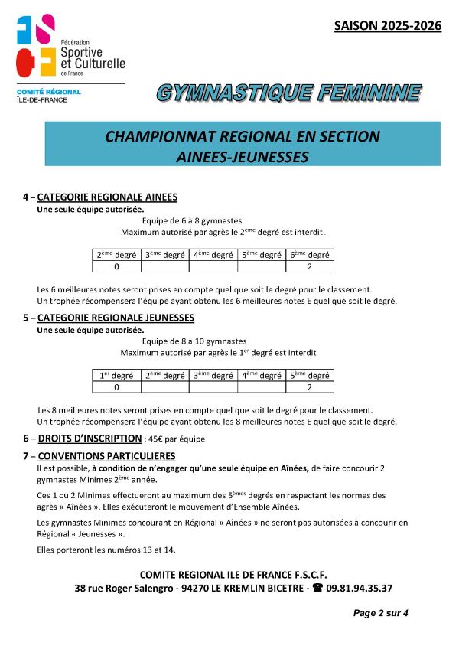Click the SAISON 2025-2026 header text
388,26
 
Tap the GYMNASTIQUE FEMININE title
289,93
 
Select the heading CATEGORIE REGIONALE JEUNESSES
116,318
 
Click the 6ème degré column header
309,255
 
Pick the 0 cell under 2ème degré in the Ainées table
116,267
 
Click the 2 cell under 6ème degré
309,267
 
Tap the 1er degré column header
116,375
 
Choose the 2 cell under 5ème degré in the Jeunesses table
309,387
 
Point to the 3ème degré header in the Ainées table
164,255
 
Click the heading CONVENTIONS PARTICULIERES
106,456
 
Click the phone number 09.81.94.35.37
360,589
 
